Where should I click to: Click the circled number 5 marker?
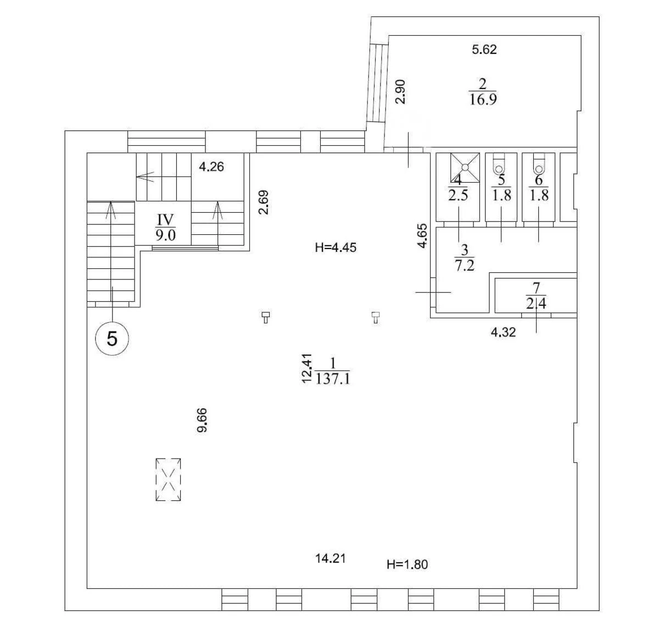click(112, 339)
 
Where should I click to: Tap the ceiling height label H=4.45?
click(336, 247)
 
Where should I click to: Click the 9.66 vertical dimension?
click(202, 420)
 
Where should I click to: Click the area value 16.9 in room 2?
click(483, 100)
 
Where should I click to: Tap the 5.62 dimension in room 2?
click(484, 49)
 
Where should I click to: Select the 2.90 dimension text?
click(400, 92)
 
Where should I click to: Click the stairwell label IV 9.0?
click(166, 228)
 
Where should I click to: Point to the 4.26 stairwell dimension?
click(211, 167)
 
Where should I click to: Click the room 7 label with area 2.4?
click(536, 295)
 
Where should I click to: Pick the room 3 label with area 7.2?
click(464, 258)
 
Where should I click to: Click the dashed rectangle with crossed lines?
click(168, 480)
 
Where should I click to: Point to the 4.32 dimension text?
click(503, 332)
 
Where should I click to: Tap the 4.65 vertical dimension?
click(423, 235)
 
